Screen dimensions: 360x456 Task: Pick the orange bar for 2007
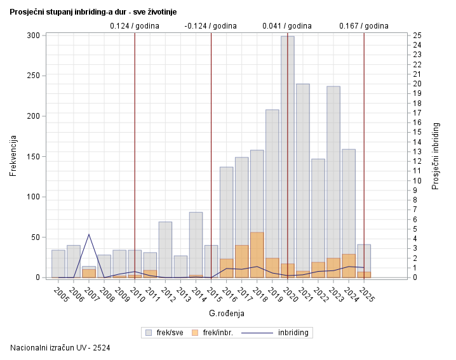[89, 274]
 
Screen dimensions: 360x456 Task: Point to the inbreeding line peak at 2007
[89, 234]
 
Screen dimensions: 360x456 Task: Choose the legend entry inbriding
[280, 332]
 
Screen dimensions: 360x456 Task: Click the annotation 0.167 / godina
[364, 26]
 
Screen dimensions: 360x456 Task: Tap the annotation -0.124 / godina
[211, 26]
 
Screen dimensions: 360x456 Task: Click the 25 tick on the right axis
[417, 36]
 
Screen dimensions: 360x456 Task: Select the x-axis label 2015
[213, 295]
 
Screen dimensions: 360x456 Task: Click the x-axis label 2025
[366, 295]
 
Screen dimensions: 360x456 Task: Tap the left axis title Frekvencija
[13, 156]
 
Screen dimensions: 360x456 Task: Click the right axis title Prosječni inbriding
[436, 156]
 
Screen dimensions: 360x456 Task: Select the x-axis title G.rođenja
[227, 314]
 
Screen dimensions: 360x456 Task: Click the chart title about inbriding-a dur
[93, 12]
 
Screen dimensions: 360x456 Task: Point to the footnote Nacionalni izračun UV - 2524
[61, 348]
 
